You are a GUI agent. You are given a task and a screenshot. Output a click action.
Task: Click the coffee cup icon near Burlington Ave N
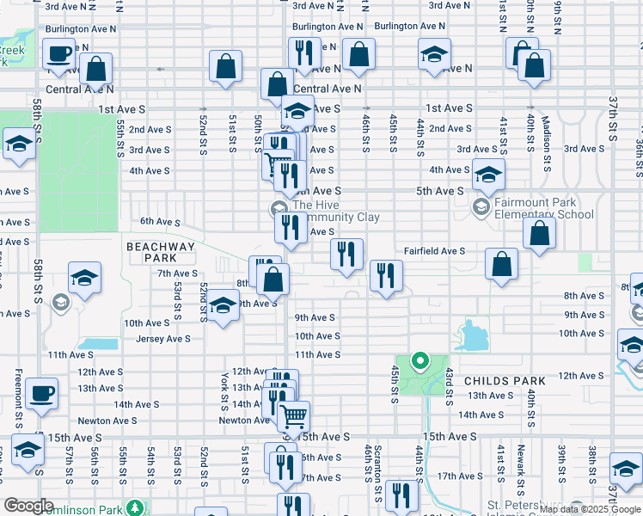click(x=59, y=54)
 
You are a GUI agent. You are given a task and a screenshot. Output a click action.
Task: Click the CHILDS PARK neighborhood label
click(x=505, y=380)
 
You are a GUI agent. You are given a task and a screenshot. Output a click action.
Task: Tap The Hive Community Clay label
click(x=335, y=211)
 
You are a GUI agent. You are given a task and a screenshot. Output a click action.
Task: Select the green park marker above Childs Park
click(x=419, y=360)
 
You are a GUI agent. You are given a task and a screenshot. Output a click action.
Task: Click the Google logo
click(x=28, y=506)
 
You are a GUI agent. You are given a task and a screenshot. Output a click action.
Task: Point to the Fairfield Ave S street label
click(x=435, y=251)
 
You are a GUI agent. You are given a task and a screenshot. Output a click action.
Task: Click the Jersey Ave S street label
click(x=162, y=339)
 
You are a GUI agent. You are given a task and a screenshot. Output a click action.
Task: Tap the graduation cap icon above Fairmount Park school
click(x=488, y=175)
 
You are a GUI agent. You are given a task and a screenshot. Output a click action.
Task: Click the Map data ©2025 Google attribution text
click(x=590, y=509)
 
